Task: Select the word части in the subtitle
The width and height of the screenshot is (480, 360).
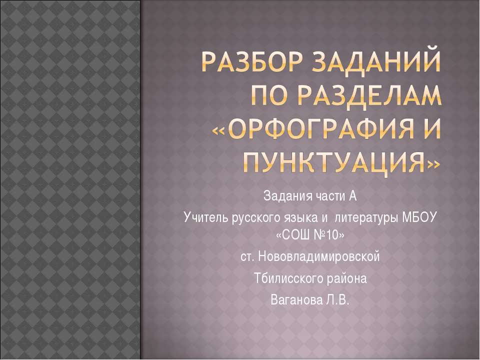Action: (324, 195)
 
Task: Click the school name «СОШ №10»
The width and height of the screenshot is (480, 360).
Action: (310, 234)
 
